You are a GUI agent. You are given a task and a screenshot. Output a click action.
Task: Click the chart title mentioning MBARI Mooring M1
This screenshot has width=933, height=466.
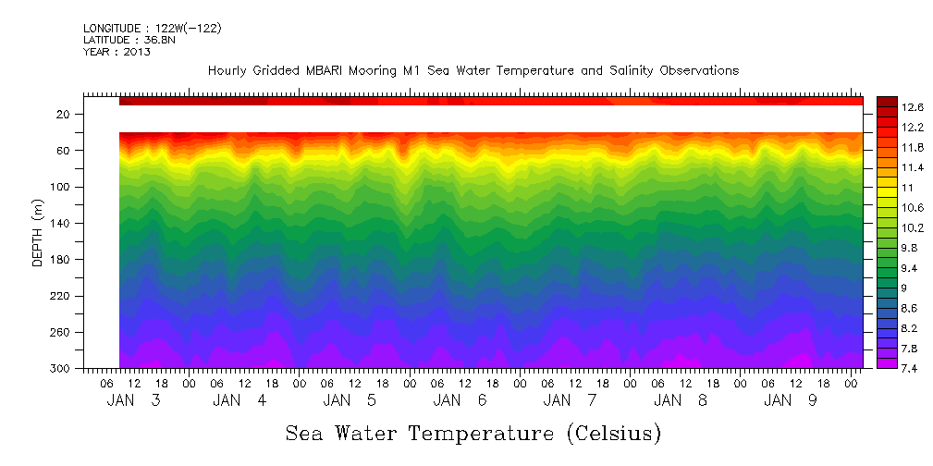[473, 71]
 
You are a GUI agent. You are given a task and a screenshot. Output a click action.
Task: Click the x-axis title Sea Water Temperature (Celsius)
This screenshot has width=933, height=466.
[473, 433]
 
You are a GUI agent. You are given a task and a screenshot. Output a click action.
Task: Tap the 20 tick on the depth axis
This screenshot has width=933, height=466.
[64, 115]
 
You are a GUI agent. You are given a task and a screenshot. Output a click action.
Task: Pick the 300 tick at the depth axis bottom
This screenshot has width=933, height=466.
[61, 369]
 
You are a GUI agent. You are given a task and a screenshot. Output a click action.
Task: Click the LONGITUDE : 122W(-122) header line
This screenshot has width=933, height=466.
[152, 29]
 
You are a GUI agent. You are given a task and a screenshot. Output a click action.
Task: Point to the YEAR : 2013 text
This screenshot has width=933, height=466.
[117, 52]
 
